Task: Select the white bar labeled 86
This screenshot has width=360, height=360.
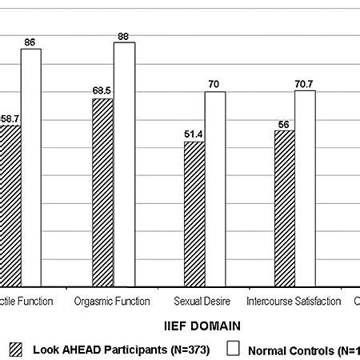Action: [31, 167]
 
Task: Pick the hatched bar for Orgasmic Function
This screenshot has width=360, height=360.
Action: [102, 192]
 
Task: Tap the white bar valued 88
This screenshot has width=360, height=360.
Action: [124, 164]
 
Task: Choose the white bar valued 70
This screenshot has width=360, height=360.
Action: [214, 189]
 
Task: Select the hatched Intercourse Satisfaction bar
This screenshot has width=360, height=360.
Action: [284, 208]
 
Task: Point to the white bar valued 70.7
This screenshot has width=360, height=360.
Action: [305, 188]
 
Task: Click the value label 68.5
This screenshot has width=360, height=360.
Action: [102, 91]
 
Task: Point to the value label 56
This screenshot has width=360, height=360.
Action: [284, 123]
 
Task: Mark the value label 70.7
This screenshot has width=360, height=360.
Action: [305, 82]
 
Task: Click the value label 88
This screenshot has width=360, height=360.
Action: [124, 34]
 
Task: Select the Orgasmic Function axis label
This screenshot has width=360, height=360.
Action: [111, 302]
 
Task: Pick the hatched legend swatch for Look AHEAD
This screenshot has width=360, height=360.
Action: [16, 349]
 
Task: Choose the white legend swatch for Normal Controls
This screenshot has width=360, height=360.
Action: [234, 349]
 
